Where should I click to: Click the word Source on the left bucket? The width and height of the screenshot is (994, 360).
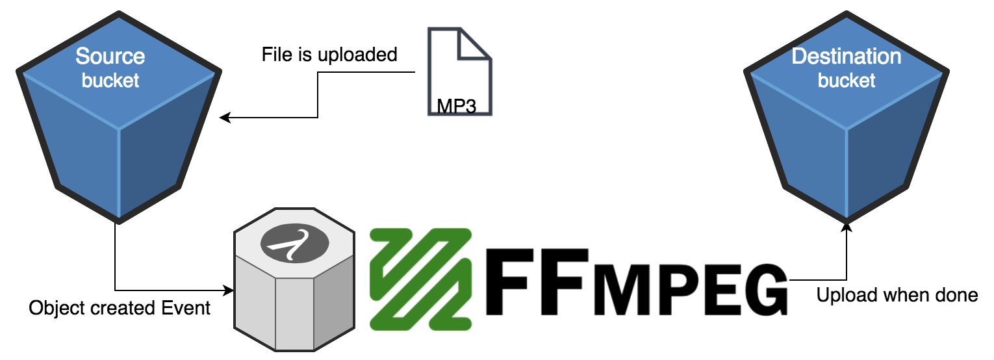[x=110, y=57]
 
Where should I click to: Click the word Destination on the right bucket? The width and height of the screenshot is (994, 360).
[x=846, y=57]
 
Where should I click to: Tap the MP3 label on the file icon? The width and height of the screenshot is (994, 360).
[x=456, y=107]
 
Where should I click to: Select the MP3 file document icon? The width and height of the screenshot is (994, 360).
[x=459, y=71]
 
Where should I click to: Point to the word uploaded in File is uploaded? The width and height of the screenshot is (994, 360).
[x=357, y=55]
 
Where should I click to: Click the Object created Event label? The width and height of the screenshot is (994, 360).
[x=120, y=307]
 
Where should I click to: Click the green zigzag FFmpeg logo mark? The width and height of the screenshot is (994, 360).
[x=421, y=277]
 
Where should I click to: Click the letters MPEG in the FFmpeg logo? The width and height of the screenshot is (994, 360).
[x=689, y=294]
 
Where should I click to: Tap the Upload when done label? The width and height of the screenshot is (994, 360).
[x=897, y=296]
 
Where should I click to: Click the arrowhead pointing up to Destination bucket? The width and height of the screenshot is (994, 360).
[x=847, y=225]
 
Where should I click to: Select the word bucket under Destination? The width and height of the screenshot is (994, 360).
[x=846, y=81]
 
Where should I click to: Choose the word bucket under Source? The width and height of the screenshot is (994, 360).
[x=110, y=81]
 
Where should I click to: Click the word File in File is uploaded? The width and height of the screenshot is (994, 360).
[x=274, y=55]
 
